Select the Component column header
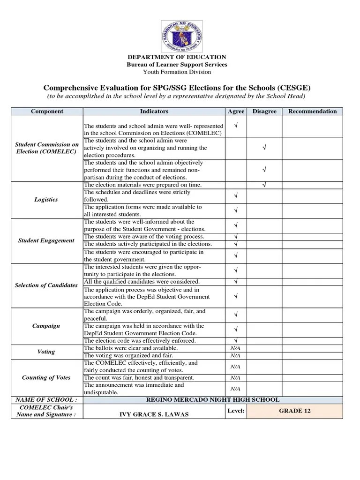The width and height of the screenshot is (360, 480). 47,112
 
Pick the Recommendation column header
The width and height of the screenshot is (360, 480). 312,112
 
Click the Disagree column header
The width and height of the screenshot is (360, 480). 264,112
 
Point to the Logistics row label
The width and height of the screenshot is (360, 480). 46,200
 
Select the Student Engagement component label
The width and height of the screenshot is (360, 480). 46,240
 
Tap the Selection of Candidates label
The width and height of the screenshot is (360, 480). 46,285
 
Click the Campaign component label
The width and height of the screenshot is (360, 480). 46,326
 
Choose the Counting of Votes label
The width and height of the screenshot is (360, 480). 46,378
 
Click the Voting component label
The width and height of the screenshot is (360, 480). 46,352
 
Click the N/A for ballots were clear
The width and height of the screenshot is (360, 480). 235,348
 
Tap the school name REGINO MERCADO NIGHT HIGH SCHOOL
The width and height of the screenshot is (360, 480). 213,400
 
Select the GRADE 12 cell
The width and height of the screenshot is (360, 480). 295,411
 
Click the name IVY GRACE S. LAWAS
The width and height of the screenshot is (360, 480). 154,415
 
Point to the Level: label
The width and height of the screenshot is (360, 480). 236,411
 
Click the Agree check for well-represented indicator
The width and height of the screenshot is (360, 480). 235,126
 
